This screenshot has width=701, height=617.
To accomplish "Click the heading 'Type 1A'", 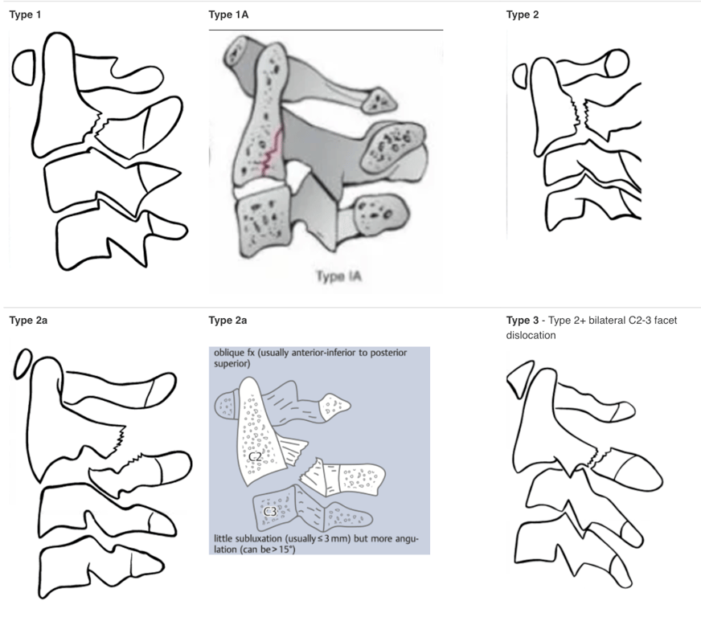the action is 228,14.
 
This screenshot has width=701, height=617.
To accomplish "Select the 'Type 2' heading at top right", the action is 523,14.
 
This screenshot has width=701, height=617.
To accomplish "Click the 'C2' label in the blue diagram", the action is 255,456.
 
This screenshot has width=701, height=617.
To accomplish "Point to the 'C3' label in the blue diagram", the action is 269,512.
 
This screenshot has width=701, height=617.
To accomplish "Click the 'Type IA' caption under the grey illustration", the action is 338,276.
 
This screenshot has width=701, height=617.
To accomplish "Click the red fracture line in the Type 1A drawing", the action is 272,150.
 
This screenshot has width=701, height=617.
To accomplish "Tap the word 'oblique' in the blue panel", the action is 229,353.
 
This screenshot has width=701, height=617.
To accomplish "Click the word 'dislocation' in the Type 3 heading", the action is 531,335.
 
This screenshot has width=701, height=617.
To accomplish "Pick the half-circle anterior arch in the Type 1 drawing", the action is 23,67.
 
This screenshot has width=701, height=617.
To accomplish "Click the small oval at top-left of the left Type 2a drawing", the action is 23,364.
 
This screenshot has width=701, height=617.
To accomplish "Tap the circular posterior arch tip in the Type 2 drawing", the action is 617,63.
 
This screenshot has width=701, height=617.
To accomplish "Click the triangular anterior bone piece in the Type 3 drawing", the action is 520,380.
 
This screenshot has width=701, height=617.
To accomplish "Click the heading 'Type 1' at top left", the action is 25,14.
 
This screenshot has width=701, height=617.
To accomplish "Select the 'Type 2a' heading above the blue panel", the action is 228,321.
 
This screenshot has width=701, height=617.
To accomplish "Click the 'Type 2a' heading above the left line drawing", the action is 28,321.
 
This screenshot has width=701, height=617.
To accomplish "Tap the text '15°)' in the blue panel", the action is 286,549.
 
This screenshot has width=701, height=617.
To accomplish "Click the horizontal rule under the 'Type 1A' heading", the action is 326,30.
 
